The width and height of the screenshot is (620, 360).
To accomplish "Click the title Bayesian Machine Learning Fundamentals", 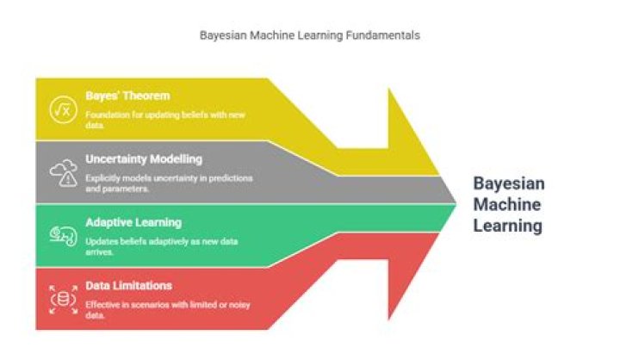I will (x=310, y=36).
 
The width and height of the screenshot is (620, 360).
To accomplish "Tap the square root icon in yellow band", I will (x=62, y=109).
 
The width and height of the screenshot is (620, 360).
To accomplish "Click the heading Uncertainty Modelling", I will (x=144, y=158).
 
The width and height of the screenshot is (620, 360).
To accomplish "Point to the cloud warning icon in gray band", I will (x=63, y=172).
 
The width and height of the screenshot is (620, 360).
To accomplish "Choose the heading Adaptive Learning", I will (x=133, y=221).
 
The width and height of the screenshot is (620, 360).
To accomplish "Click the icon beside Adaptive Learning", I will (x=62, y=235).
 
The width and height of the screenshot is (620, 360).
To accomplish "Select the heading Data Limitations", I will (x=128, y=285).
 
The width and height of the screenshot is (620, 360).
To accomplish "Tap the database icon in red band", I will (x=62, y=299).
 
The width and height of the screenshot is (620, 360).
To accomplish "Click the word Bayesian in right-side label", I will (x=509, y=183).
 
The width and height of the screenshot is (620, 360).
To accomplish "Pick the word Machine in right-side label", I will (x=507, y=205).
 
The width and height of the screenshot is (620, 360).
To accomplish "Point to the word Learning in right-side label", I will (x=508, y=227).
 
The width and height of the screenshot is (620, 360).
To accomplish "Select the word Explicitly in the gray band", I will (x=103, y=177).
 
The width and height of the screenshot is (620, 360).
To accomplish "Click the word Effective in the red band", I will (x=102, y=304).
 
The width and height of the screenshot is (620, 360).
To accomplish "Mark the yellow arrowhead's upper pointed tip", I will (x=389, y=89).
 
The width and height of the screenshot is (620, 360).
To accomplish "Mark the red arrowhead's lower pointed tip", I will (x=389, y=320).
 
